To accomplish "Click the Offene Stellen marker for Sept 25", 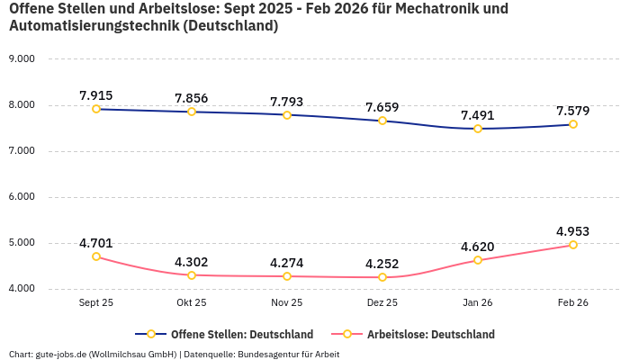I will tap(96, 109).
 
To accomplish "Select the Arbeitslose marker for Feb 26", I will tap(573, 245).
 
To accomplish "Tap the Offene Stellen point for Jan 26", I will tap(478, 129).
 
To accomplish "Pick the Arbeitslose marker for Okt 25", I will tap(192, 275).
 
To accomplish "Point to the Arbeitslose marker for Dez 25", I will tap(382, 277).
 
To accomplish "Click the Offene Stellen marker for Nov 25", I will tap(287, 115).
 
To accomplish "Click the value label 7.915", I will tap(96, 95).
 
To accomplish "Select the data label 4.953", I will tap(573, 231).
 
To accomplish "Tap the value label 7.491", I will tap(478, 115).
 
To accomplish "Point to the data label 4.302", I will tap(192, 262).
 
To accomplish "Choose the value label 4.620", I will tap(478, 247).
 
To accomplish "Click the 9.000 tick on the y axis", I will tap(21, 59).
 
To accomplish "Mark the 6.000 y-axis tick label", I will tap(21, 197).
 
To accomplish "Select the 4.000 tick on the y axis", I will tap(21, 289).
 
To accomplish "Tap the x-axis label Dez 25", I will tap(382, 303).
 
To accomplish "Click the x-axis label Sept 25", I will tap(96, 303).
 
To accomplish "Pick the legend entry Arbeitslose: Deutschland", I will tap(430, 334).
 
